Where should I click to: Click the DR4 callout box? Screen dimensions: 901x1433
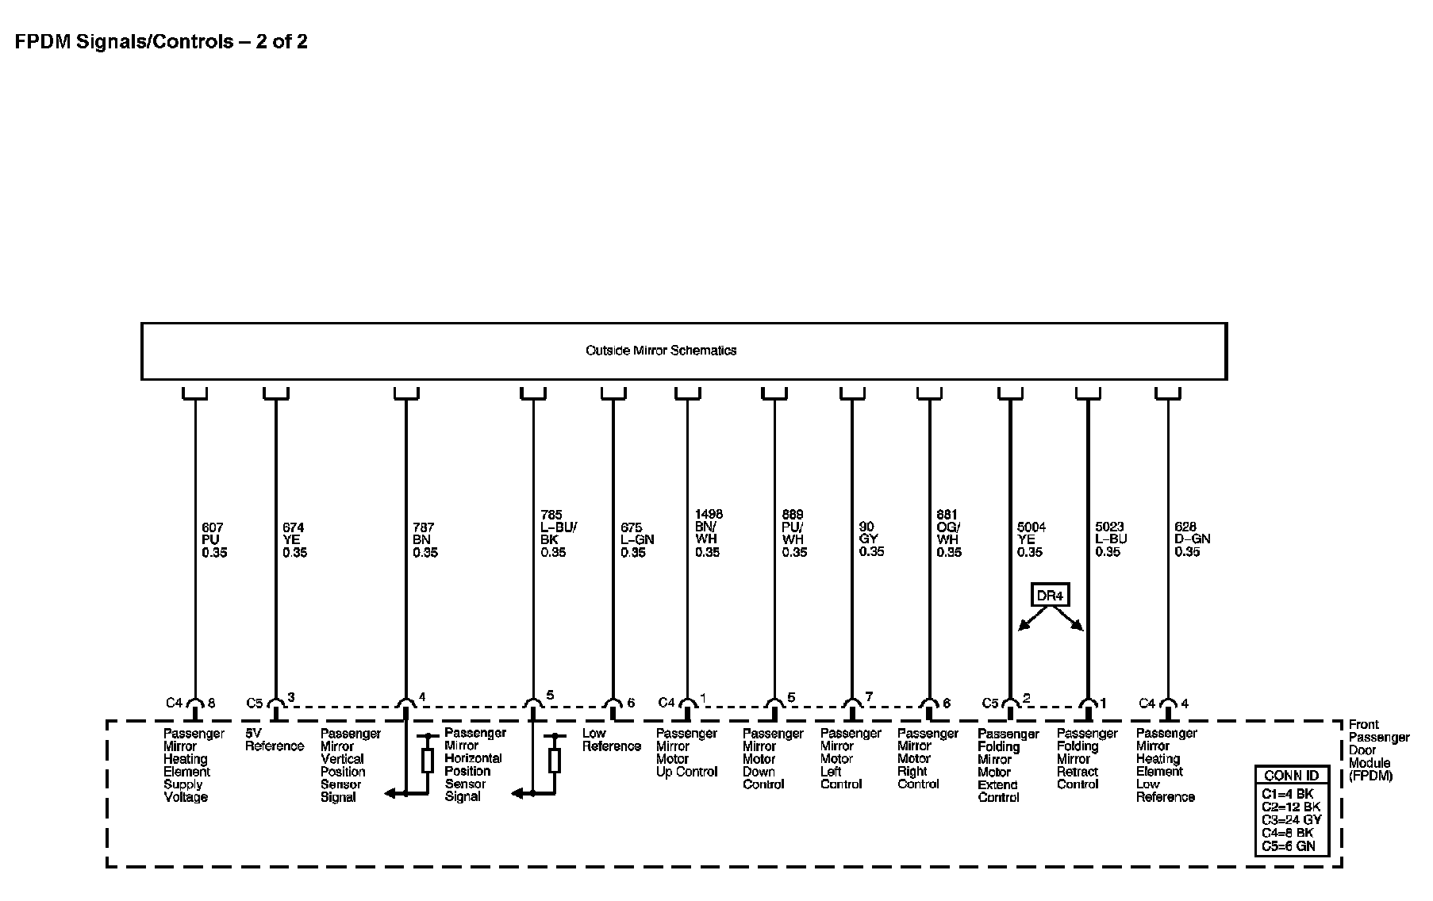[1051, 595]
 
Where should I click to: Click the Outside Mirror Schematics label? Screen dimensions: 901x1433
[661, 351]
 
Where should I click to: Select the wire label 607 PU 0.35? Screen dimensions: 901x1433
[213, 540]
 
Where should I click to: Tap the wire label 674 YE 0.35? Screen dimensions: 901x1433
[294, 540]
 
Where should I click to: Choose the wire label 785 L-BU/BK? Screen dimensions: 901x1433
[559, 534]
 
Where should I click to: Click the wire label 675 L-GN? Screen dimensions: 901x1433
[637, 540]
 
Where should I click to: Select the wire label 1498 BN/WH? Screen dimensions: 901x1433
[709, 533]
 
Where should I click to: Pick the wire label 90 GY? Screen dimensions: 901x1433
[871, 539]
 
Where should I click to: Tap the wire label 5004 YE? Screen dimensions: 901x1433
[1031, 539]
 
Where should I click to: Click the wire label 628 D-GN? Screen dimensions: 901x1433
[1193, 539]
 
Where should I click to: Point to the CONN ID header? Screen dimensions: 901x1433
[1291, 776]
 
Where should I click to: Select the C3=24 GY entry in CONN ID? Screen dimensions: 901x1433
[1291, 820]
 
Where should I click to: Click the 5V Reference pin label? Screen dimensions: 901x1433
[274, 740]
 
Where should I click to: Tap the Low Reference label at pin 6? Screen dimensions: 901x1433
[611, 740]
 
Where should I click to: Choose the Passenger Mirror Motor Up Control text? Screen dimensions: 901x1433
[686, 753]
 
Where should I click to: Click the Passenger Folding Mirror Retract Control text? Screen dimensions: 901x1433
[1086, 759]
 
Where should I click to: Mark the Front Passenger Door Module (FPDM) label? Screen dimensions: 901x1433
[1378, 750]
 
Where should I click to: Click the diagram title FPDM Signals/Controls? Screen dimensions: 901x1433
[161, 42]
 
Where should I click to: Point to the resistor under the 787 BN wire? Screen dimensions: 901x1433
[428, 761]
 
